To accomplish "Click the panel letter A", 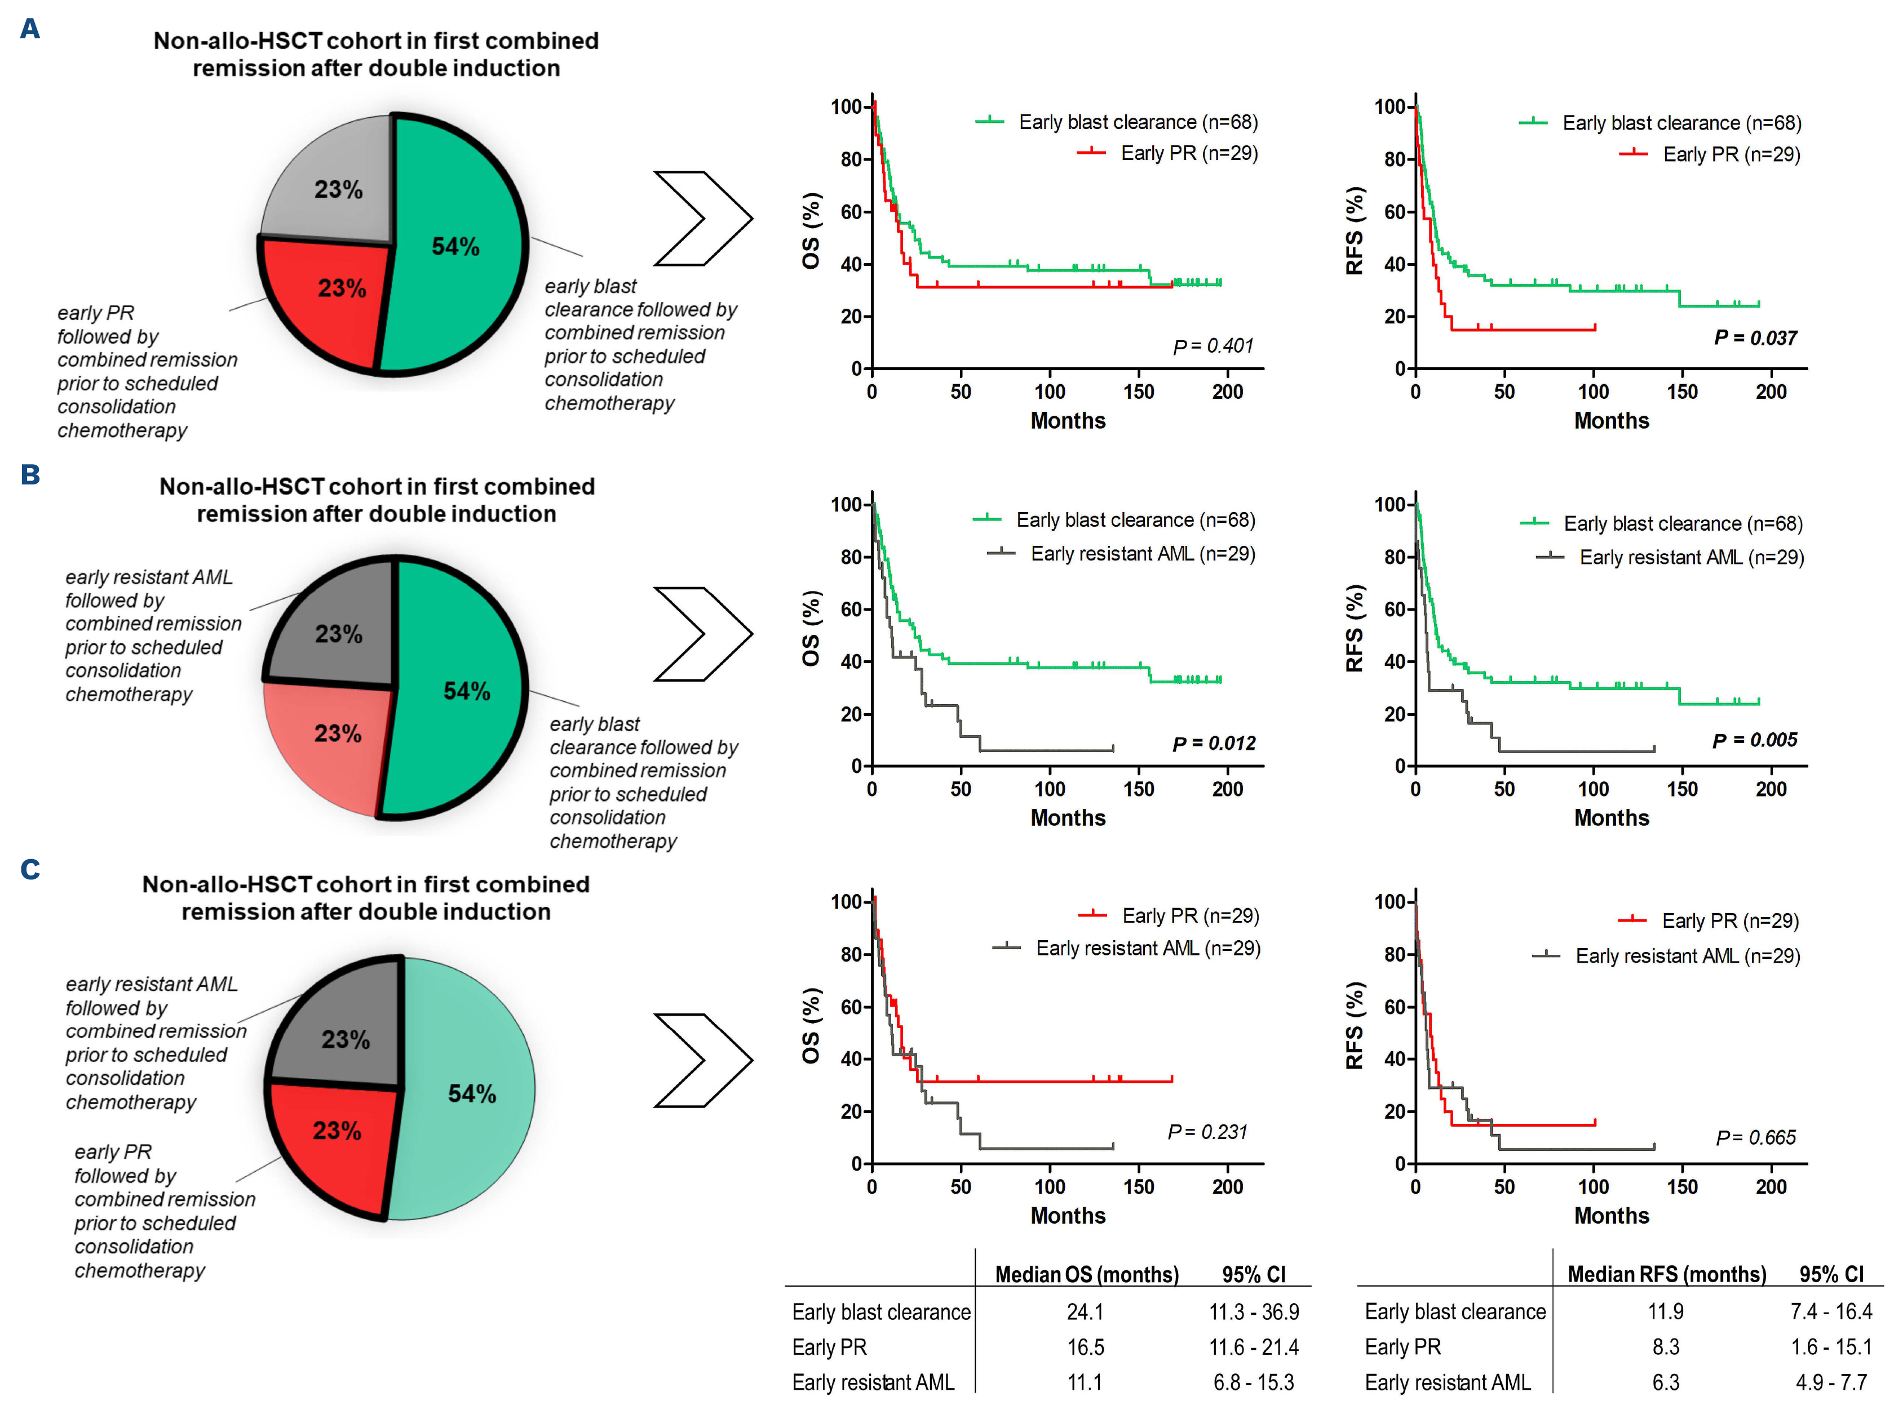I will [30, 29].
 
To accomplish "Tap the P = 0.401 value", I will [1212, 346].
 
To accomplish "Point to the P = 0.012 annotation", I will [1214, 744].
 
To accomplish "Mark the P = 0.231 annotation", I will [1207, 1132].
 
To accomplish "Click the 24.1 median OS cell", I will [1085, 1312].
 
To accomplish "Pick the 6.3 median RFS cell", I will [1665, 1382].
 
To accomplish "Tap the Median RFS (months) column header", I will [1666, 1274].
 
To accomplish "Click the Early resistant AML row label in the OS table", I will [873, 1382].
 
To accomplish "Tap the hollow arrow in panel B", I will [702, 634].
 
